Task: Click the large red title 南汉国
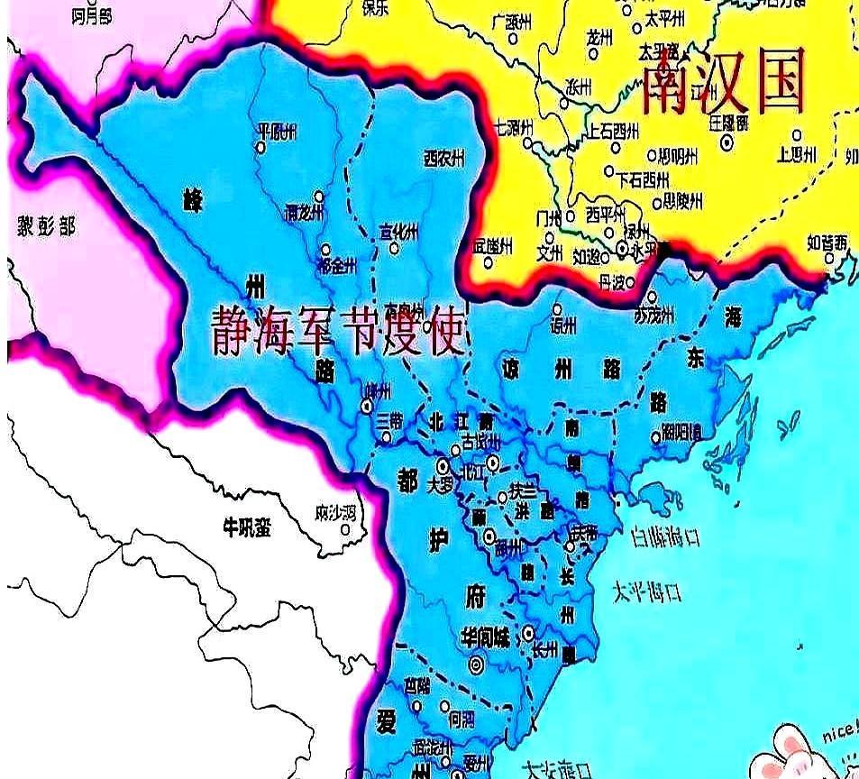click(721, 83)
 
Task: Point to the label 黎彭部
click(46, 225)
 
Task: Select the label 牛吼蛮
click(246, 527)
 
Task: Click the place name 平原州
click(277, 132)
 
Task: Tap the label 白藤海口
click(666, 538)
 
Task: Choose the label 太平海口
click(646, 592)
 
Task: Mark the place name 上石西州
click(619, 131)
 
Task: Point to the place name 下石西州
click(642, 178)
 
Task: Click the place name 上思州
click(796, 153)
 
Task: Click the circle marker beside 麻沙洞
click(345, 529)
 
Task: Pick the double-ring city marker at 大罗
click(443, 465)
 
